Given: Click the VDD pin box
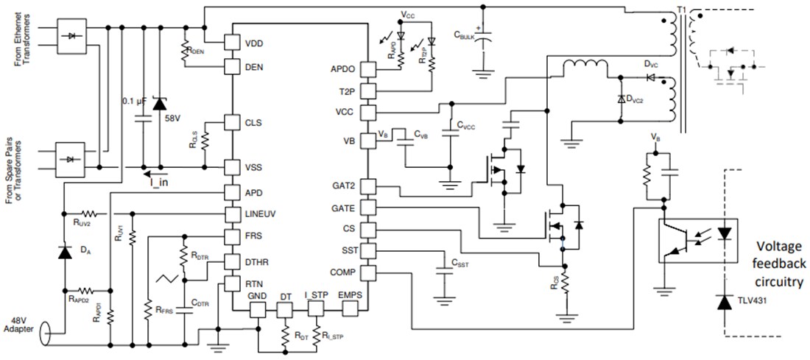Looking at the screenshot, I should click(233, 43).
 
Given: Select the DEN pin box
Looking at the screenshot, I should click(233, 67).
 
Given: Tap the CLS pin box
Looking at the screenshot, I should click(233, 122).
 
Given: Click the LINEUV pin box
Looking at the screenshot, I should click(233, 214).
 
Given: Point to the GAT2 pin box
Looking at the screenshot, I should click(367, 186).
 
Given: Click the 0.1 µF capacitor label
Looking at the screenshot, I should click(135, 101).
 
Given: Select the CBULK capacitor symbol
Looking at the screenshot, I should click(483, 41).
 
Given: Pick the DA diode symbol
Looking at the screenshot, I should click(65, 252).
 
